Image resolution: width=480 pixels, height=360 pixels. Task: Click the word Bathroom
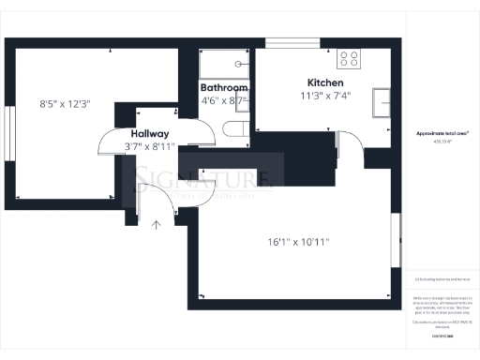click(x=224, y=86)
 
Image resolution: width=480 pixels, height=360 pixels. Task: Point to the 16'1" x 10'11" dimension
click(x=298, y=242)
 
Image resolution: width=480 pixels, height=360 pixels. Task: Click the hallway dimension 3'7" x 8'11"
click(x=150, y=146)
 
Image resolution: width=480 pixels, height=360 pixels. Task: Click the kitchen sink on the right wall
click(x=382, y=100)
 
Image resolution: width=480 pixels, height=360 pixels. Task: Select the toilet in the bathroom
click(x=238, y=128)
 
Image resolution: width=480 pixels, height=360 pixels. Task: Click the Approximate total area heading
click(x=442, y=134)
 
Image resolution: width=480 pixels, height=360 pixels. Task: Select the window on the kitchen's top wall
click(x=290, y=42)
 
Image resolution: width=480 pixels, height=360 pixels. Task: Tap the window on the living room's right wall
click(x=398, y=242)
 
